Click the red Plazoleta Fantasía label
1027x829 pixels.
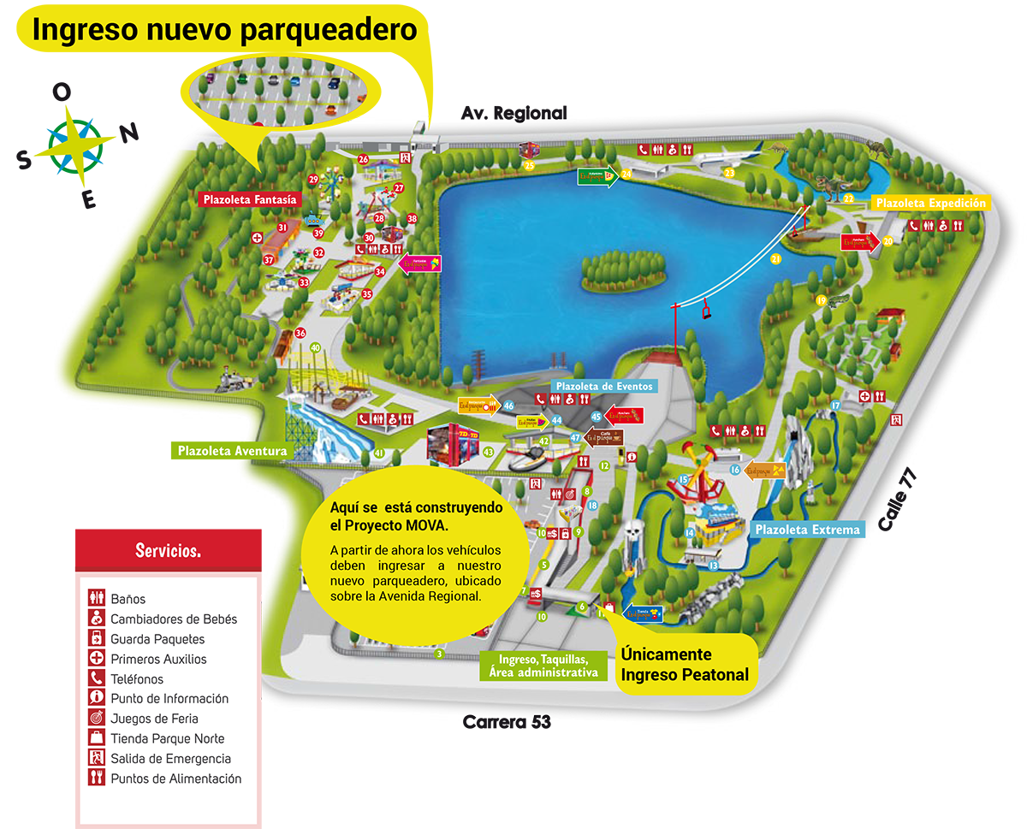coord(250,199)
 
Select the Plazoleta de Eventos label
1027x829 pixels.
coord(604,386)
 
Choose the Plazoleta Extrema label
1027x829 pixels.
coord(806,530)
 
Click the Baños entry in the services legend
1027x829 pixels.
coord(128,599)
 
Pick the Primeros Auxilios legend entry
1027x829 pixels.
coord(158,659)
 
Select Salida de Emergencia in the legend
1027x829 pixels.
coord(170,759)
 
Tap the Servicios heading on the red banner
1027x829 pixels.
coord(168,550)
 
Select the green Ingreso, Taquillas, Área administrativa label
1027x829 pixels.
coord(538,666)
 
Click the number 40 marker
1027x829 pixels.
coord(315,347)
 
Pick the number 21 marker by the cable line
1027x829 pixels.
coord(776,258)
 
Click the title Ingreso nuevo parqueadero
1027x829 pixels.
coord(224,30)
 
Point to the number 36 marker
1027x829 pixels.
coord(300,333)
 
